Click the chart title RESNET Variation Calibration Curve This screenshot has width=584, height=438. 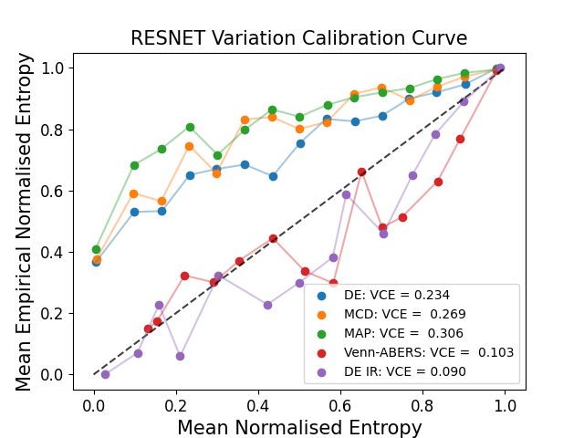(x=299, y=38)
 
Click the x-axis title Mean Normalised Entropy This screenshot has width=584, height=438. (x=299, y=427)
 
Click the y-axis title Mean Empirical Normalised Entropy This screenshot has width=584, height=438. (x=25, y=222)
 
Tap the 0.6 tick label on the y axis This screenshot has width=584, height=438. (x=52, y=192)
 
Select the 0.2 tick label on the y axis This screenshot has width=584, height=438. (x=52, y=314)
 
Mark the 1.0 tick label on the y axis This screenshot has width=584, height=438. (x=52, y=68)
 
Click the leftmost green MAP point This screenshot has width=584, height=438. (x=96, y=249)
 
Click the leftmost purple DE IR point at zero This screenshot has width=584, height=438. (x=105, y=374)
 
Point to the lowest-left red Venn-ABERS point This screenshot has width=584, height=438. (x=148, y=328)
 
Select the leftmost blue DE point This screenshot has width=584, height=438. (x=96, y=262)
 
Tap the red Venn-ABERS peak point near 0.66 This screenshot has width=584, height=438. (x=361, y=172)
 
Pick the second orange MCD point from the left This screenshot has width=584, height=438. (x=133, y=193)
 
